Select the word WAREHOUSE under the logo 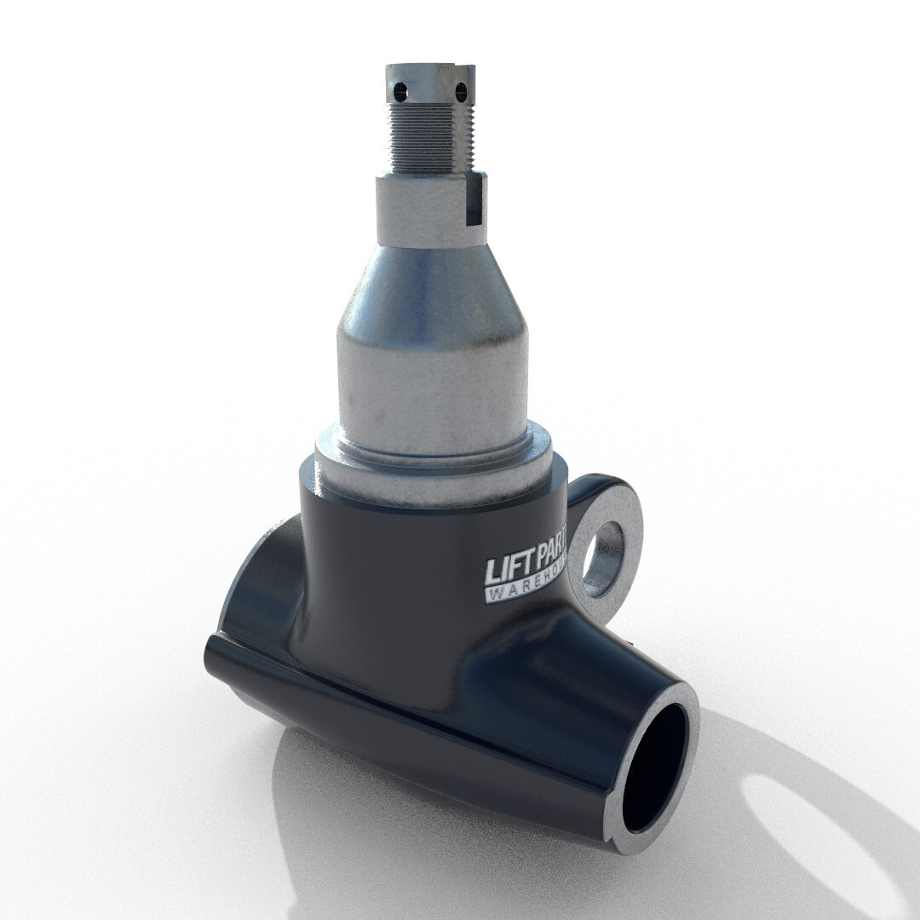pyautogui.click(x=528, y=592)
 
